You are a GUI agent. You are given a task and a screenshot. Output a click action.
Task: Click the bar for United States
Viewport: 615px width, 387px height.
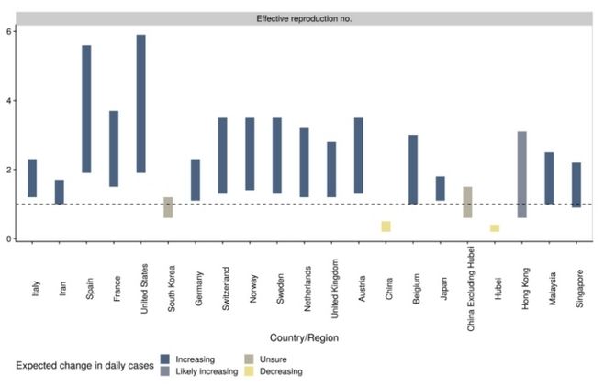coord(140,104)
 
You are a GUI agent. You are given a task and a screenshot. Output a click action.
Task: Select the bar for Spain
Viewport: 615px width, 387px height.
coord(86,109)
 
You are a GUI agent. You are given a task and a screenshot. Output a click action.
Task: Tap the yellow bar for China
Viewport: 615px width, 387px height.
coord(386,227)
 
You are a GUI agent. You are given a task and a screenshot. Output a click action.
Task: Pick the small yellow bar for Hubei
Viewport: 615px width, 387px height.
coord(494,228)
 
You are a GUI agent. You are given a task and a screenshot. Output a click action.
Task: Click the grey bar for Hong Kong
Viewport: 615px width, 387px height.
coord(521,174)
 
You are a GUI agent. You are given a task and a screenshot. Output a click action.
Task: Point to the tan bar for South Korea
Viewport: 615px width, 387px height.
coord(168,207)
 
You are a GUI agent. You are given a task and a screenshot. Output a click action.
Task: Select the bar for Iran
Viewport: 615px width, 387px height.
coord(60,192)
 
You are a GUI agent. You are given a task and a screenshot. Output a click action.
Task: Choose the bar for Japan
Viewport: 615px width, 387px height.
coord(440,188)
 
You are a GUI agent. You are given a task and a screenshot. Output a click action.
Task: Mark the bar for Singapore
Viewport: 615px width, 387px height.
coord(576,185)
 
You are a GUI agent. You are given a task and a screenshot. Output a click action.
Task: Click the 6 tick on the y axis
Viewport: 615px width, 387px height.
coord(8,31)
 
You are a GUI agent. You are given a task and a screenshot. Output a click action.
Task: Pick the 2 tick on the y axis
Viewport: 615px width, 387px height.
coord(8,170)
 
